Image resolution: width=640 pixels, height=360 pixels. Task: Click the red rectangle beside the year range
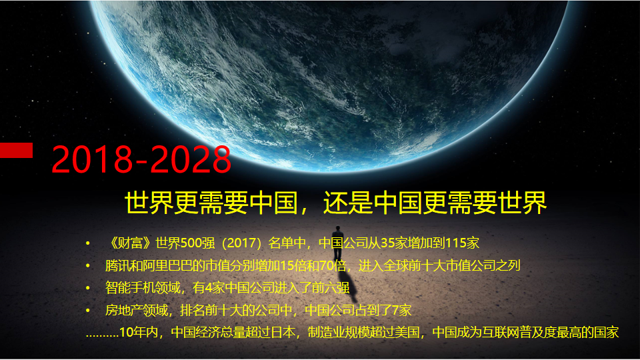(16, 150)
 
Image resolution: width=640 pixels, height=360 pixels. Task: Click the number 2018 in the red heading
(92, 159)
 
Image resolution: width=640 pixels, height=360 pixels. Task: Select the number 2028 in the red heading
(191, 159)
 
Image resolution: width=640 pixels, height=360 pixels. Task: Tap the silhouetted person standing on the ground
(337, 243)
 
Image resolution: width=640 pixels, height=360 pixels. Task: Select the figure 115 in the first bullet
(456, 243)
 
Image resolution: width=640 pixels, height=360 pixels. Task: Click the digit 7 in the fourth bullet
(395, 311)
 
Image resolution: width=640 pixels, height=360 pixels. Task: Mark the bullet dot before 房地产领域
(88, 311)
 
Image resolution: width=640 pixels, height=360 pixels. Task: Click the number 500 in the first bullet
(191, 243)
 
